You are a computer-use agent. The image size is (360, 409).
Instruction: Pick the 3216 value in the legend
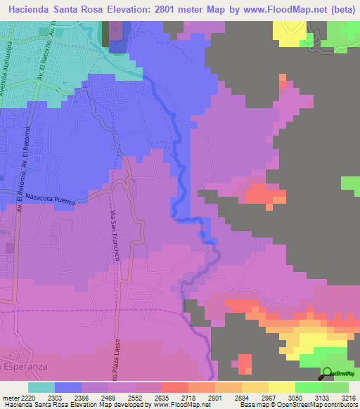tap(348, 398)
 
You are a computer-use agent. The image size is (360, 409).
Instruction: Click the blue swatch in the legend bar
tap(67, 387)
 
